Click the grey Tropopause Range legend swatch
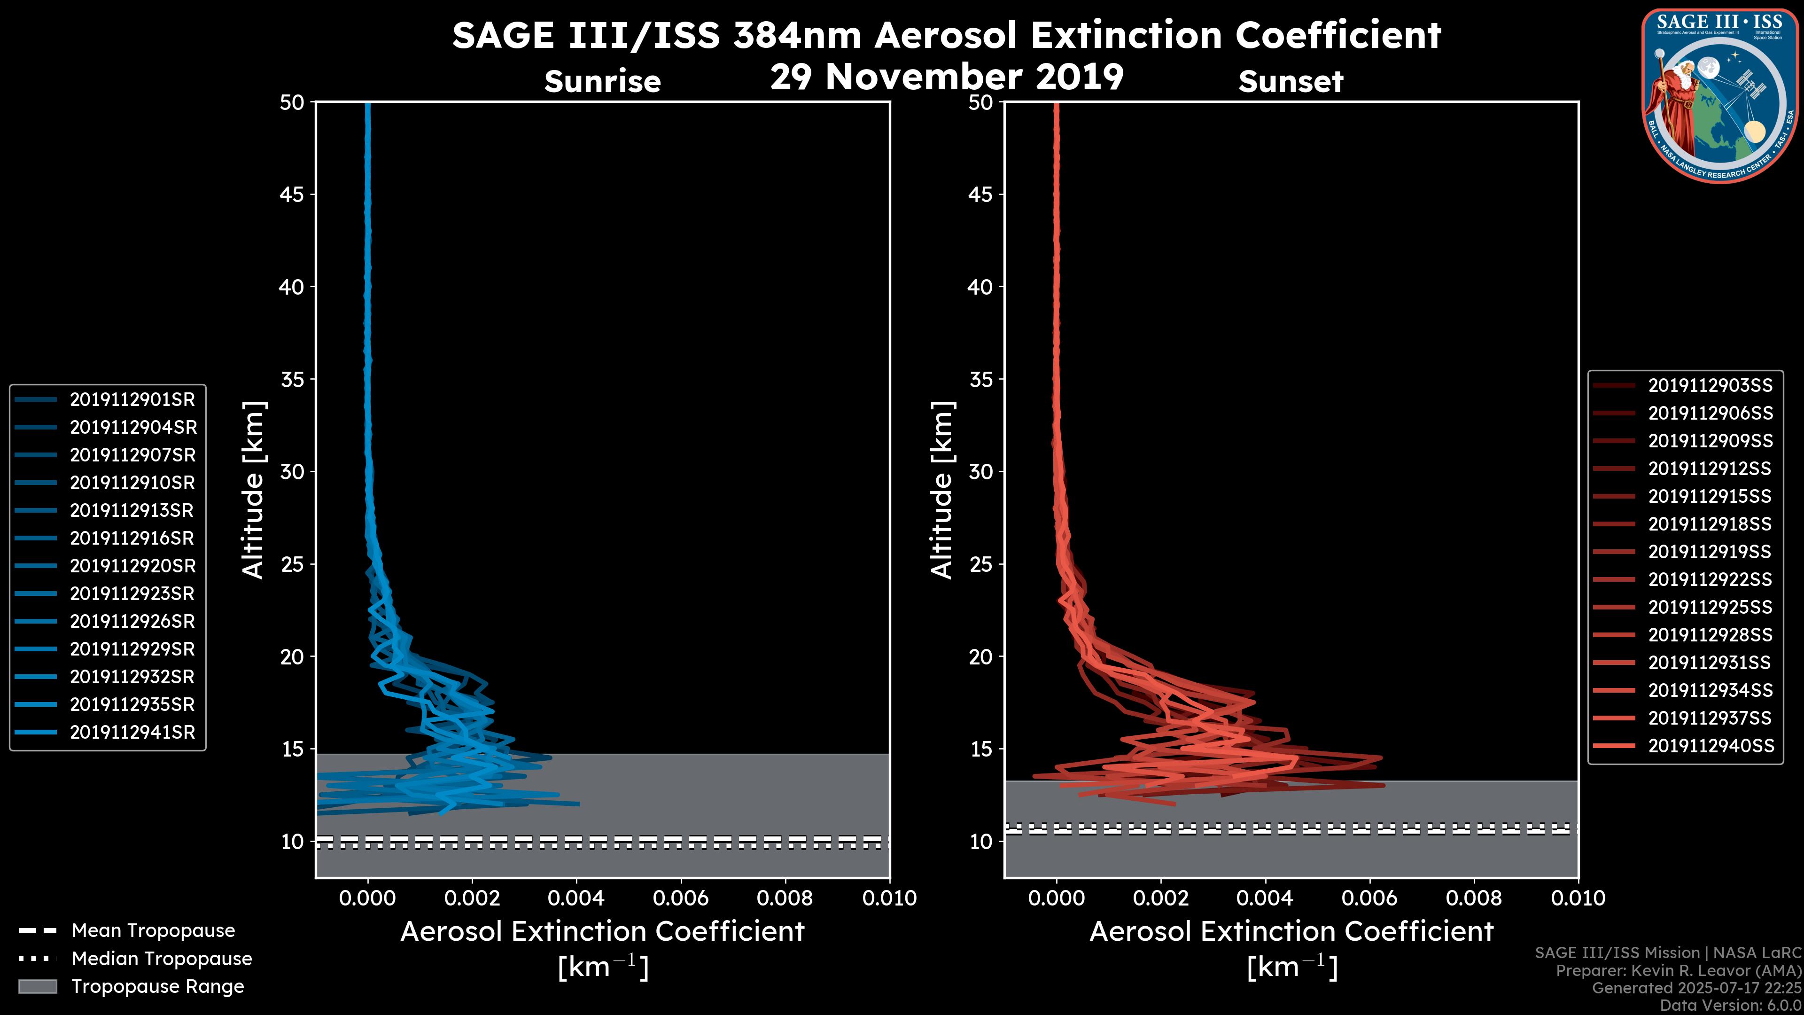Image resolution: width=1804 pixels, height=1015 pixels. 37,987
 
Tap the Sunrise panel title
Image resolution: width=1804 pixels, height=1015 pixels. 602,82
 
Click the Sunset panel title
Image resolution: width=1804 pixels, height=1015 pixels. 1291,82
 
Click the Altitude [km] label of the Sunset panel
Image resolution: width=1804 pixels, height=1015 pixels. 942,490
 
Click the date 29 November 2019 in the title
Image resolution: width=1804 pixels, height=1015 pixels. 947,77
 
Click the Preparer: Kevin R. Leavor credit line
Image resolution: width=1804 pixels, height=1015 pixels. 1678,971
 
